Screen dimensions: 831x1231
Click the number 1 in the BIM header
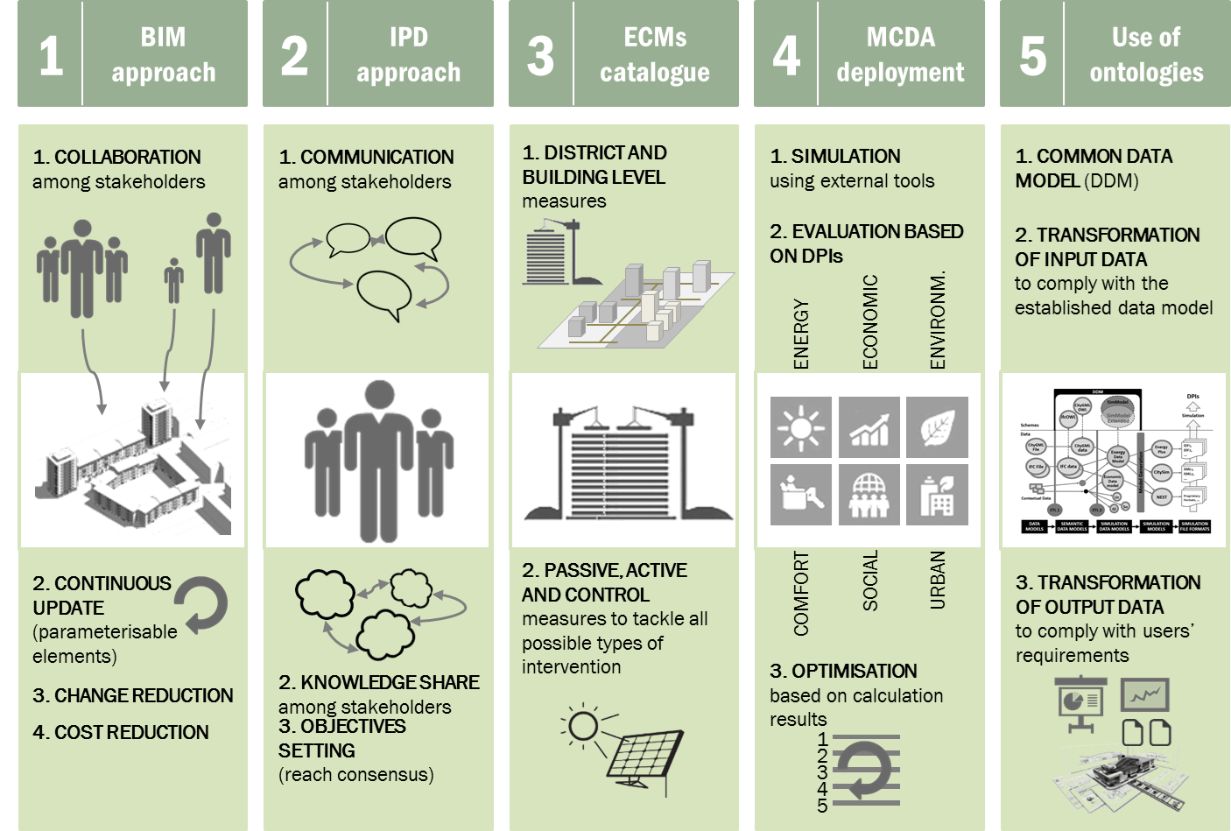click(x=51, y=55)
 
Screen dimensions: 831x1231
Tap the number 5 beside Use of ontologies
click(x=1033, y=55)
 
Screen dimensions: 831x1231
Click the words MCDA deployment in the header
click(x=900, y=54)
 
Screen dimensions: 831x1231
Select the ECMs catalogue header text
click(x=655, y=54)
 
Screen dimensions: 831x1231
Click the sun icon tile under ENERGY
click(x=800, y=427)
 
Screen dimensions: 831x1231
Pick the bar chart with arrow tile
click(x=869, y=427)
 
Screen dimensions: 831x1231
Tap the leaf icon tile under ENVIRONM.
click(x=937, y=427)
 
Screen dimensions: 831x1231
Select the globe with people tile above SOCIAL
click(x=869, y=495)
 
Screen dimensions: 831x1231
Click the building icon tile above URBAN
click(x=937, y=495)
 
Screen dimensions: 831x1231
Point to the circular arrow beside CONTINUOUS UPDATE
click(x=202, y=603)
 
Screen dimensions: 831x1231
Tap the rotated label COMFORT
click(x=801, y=593)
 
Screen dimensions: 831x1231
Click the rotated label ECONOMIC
click(x=869, y=321)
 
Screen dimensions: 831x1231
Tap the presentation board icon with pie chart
click(x=1081, y=703)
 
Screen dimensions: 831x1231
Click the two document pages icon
click(x=1146, y=732)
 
